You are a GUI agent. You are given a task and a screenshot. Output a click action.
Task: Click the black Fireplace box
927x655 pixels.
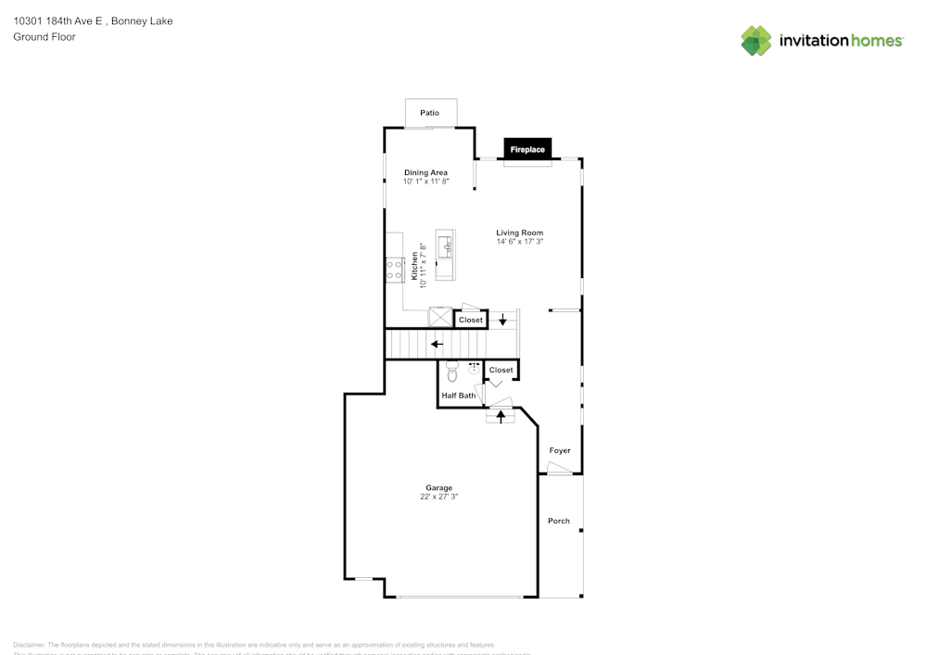pos(527,149)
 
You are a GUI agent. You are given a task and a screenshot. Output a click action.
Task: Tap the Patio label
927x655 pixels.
pos(429,113)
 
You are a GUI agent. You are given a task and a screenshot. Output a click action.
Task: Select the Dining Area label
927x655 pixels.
pos(425,172)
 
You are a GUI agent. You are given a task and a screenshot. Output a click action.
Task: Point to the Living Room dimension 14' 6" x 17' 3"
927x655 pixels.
pos(519,242)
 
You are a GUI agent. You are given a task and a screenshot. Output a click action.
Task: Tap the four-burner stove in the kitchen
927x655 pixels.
pos(393,269)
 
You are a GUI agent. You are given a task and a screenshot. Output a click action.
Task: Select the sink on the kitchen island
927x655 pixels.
pos(446,246)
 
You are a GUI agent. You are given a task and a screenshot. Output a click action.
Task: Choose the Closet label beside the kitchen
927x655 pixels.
pos(471,320)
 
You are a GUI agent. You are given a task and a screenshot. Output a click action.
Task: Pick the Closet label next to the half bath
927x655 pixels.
pos(501,370)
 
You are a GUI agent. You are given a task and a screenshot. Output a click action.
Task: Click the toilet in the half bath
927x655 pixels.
pos(452,373)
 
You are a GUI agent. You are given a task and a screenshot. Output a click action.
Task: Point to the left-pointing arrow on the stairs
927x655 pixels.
pos(437,345)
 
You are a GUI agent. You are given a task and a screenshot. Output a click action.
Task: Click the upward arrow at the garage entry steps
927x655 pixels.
pos(502,417)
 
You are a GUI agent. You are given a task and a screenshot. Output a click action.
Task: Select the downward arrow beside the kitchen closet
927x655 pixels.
pos(503,321)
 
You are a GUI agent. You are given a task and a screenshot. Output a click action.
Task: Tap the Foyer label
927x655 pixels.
pos(560,450)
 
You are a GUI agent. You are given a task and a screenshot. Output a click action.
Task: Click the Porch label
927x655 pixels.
pos(559,521)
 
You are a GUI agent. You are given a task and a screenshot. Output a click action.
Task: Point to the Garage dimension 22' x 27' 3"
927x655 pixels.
pos(438,497)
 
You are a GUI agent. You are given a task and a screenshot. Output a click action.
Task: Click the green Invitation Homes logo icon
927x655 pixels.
pos(756,41)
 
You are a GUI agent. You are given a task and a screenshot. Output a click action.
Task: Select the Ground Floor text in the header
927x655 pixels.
pos(44,37)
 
